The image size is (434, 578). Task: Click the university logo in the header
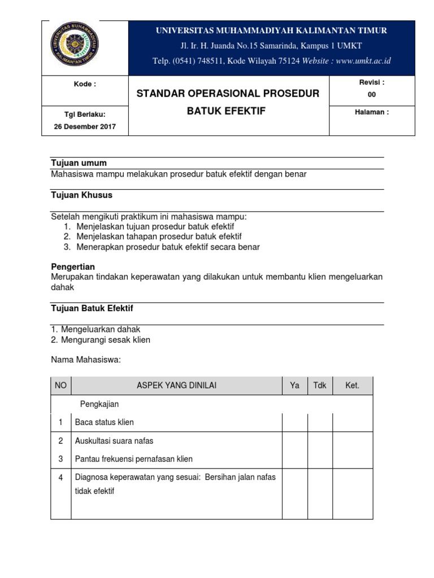coord(75,43)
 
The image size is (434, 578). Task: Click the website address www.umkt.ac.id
coord(363,61)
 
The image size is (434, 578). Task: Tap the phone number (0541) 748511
coord(202,61)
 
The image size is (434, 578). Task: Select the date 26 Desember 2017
coord(85,126)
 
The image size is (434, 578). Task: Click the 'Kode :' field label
coord(85,84)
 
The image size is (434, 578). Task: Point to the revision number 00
coord(371,95)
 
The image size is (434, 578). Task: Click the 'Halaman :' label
coord(371,112)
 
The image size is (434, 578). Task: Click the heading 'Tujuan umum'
coord(79,163)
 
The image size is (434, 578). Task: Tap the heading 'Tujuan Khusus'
coord(81,195)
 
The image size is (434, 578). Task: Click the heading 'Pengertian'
coord(73,266)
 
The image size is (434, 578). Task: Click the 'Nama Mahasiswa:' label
coord(86,360)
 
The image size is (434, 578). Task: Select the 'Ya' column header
coord(294,386)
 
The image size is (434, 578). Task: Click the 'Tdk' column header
coord(319,386)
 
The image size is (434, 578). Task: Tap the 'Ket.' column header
coord(352,386)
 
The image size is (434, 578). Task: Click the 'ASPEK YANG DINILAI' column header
coord(176,386)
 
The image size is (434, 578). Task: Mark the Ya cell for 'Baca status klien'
coord(294,422)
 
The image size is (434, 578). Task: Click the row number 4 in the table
coord(60,478)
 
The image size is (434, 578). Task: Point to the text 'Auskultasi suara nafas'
coord(114,441)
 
